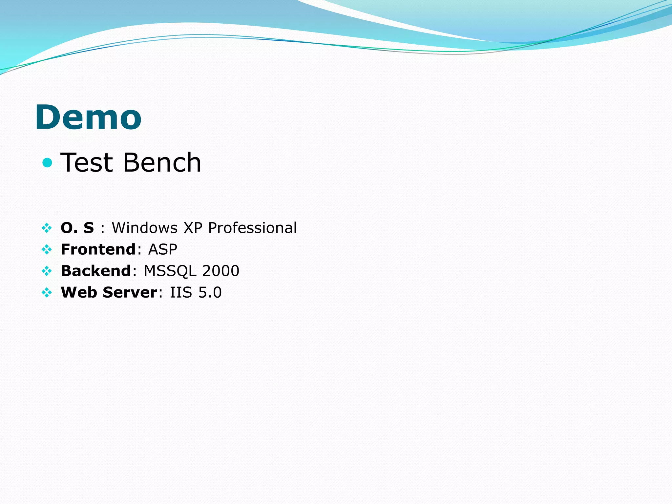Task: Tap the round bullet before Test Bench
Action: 47,162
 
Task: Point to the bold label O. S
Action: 77,228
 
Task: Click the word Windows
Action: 145,228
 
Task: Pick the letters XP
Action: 193,228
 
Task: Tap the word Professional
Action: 252,228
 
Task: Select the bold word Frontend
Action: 98,249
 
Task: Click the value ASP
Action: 163,249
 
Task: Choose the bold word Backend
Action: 96,271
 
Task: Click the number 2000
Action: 220,271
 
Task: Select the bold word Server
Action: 130,292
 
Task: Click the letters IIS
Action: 181,292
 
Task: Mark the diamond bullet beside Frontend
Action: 47,250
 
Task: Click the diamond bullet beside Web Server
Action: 47,292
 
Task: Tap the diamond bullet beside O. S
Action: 47,228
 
